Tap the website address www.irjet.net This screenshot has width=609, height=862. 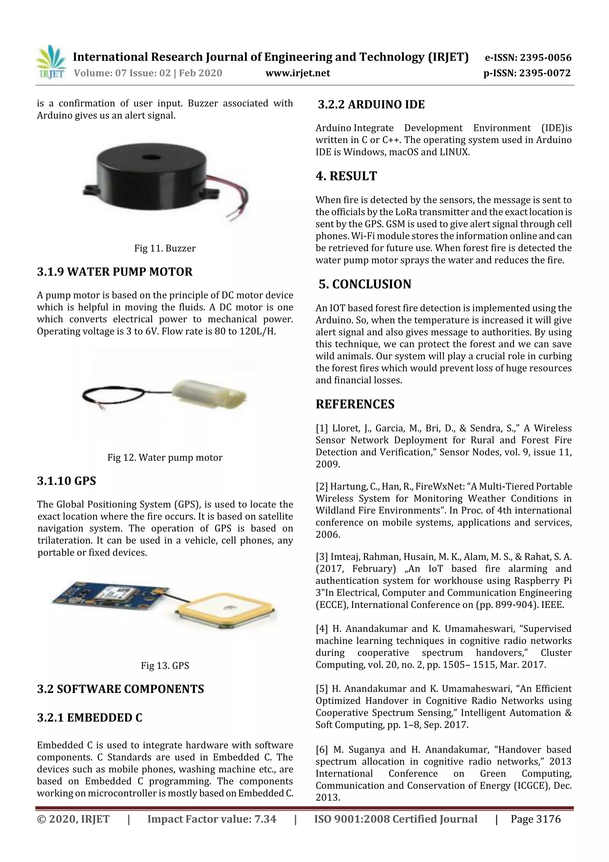pyautogui.click(x=298, y=73)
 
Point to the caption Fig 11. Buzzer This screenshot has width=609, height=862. pyautogui.click(x=165, y=248)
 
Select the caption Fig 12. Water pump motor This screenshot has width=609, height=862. pyautogui.click(x=165, y=457)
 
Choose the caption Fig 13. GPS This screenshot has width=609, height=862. pyautogui.click(x=165, y=666)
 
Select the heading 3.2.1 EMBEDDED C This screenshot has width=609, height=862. pyautogui.click(x=90, y=717)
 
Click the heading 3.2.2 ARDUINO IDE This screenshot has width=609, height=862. pyautogui.click(x=371, y=104)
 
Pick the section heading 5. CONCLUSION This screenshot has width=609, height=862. pyautogui.click(x=365, y=284)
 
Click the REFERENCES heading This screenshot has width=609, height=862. pyautogui.click(x=355, y=404)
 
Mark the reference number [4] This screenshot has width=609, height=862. pyautogui.click(x=322, y=628)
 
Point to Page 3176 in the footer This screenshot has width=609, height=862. pyautogui.click(x=536, y=819)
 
